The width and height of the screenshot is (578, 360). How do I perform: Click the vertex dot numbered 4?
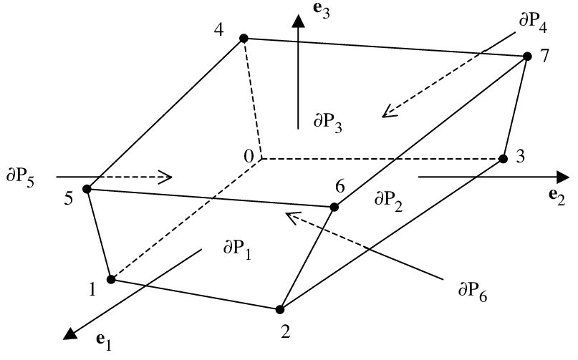pyautogui.click(x=244, y=38)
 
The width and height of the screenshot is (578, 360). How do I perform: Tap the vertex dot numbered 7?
pyautogui.click(x=527, y=57)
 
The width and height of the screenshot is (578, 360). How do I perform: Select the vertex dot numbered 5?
pyautogui.click(x=87, y=189)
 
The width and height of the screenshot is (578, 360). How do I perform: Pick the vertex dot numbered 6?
pyautogui.click(x=334, y=208)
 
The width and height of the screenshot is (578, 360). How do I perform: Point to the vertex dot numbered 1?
pyautogui.click(x=111, y=279)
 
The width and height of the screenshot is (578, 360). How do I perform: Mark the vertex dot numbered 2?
pyautogui.click(x=279, y=309)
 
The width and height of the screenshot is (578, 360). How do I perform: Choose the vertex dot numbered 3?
pyautogui.click(x=503, y=158)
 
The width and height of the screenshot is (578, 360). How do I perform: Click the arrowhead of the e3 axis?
pyautogui.click(x=297, y=21)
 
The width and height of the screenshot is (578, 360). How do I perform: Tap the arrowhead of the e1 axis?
pyautogui.click(x=70, y=331)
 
